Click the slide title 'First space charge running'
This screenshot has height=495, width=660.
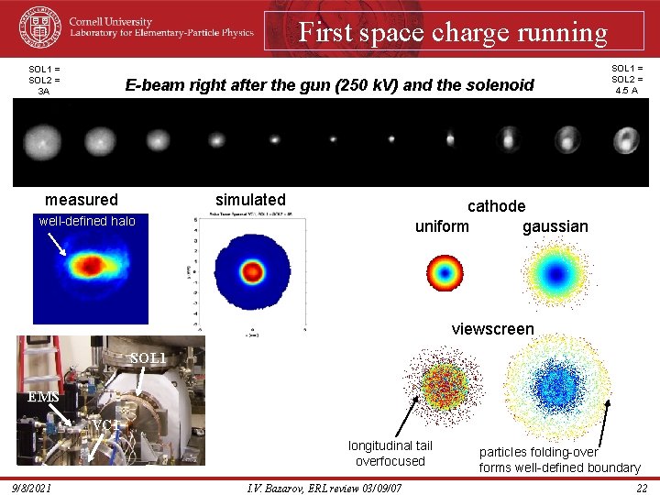pyautogui.click(x=453, y=33)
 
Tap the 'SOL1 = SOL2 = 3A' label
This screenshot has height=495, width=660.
pyautogui.click(x=44, y=80)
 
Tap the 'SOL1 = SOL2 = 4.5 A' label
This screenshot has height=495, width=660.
pyautogui.click(x=628, y=79)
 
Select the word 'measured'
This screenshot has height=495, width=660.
pyautogui.click(x=82, y=200)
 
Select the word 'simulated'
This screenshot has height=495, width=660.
pyautogui.click(x=250, y=200)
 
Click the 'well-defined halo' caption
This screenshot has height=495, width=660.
pyautogui.click(x=87, y=221)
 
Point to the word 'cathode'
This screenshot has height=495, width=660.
pyautogui.click(x=496, y=206)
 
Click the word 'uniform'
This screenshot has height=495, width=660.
pyautogui.click(x=442, y=226)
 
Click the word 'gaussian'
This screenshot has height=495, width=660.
pyautogui.click(x=555, y=226)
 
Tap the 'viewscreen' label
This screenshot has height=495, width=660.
pyautogui.click(x=492, y=329)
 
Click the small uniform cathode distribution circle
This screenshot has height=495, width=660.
pyautogui.click(x=445, y=272)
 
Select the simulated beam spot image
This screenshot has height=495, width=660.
pyautogui.click(x=251, y=272)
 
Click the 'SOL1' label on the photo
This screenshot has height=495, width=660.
pyautogui.click(x=148, y=357)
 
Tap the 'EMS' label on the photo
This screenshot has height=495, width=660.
pyautogui.click(x=44, y=397)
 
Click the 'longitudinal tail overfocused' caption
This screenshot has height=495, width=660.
pyautogui.click(x=390, y=453)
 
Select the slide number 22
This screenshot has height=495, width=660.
pyautogui.click(x=642, y=488)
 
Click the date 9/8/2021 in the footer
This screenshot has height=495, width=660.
pyautogui.click(x=32, y=488)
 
